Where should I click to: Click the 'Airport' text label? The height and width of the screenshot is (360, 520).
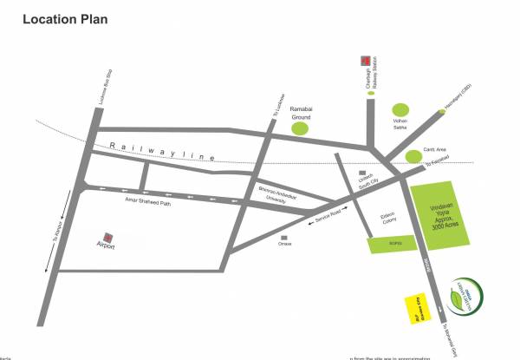(106, 248)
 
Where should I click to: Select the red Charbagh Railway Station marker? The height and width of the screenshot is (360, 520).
(367, 61)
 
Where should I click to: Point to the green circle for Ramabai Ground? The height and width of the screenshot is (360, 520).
(300, 128)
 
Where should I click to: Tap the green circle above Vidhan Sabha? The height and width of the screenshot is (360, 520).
(400, 104)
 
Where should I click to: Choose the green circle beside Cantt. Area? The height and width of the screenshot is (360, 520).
(413, 156)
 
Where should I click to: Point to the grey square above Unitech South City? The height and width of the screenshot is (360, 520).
(361, 173)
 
